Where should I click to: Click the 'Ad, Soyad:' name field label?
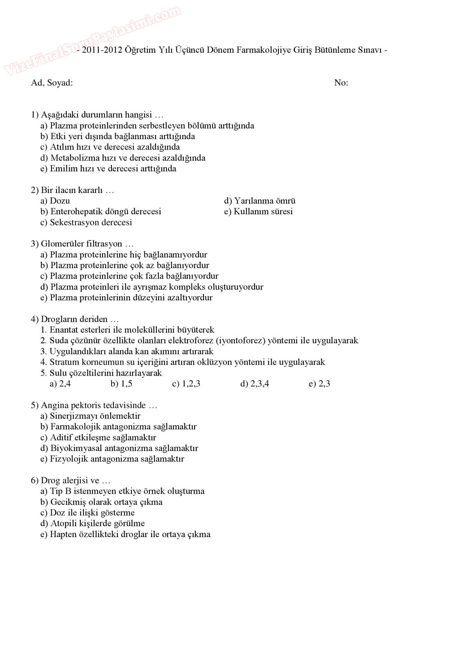pos(52,83)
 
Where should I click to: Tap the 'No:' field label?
pos(341,83)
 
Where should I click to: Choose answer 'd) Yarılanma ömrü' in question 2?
pos(260,201)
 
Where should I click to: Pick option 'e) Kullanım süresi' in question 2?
pos(258,211)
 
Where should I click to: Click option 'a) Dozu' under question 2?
pos(55,201)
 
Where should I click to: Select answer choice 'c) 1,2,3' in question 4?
pos(186,384)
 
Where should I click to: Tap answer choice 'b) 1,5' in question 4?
pos(121,384)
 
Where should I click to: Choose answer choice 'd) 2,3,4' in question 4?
pos(254,384)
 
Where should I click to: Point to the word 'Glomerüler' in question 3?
pos(62,244)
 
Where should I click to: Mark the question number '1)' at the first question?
pos(35,114)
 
